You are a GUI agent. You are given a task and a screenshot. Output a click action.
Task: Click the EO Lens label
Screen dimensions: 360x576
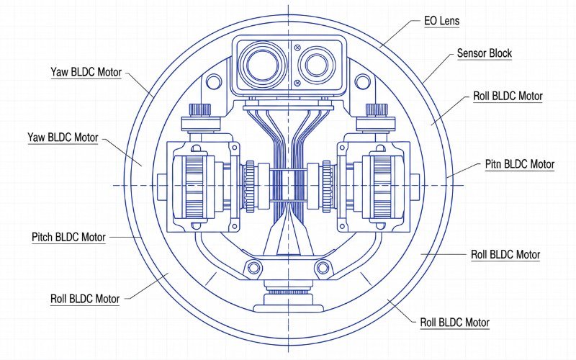click(441, 21)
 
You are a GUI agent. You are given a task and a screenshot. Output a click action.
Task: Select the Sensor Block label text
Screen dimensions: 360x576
click(485, 54)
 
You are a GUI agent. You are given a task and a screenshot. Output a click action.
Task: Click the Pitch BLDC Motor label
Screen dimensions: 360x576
click(68, 237)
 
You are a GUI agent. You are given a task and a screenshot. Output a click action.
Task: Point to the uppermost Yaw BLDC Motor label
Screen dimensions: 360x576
click(86, 73)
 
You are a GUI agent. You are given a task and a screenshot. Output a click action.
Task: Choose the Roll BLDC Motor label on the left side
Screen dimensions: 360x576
click(85, 298)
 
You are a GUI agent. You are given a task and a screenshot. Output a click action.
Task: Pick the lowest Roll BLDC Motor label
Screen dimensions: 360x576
click(454, 322)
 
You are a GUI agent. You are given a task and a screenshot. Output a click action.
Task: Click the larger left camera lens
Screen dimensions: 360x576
click(262, 61)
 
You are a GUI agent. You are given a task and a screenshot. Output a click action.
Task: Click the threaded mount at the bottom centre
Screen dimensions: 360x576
click(288, 292)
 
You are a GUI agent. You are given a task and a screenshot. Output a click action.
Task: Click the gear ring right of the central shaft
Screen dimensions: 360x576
click(325, 185)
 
